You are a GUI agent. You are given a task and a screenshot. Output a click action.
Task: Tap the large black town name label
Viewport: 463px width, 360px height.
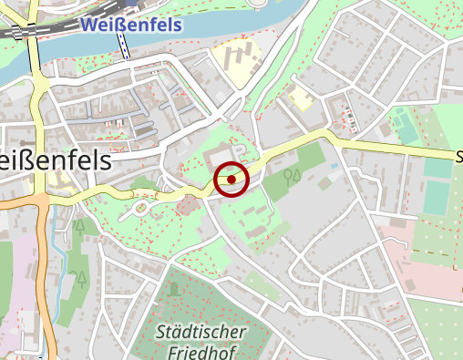pos(55,160)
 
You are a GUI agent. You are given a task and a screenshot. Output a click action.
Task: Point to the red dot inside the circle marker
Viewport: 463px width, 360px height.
pos(232,180)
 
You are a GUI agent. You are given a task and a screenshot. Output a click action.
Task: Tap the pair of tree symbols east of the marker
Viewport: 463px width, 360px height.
pos(292,174)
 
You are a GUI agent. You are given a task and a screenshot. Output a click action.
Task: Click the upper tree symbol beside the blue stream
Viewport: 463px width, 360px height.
pos(80,223)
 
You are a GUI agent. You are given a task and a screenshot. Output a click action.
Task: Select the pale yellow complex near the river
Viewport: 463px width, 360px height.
pos(238,64)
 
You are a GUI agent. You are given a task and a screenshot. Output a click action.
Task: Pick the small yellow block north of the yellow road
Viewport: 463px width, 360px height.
pos(300,98)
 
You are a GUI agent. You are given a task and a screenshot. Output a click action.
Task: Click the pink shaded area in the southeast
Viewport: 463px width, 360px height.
pos(428,264)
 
